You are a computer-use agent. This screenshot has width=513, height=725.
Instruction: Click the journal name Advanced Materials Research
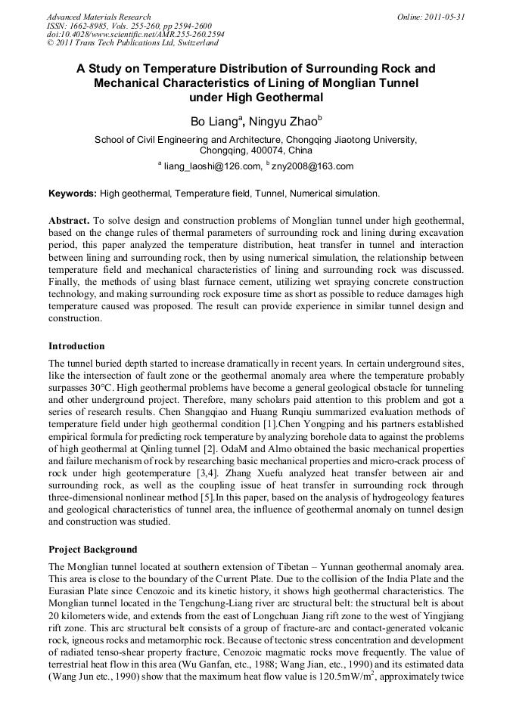click(98, 17)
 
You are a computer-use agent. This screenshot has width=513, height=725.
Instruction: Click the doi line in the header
click(124, 35)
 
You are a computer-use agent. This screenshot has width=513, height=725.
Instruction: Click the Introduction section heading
click(76, 346)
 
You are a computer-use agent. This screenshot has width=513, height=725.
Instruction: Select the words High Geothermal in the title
click(275, 97)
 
